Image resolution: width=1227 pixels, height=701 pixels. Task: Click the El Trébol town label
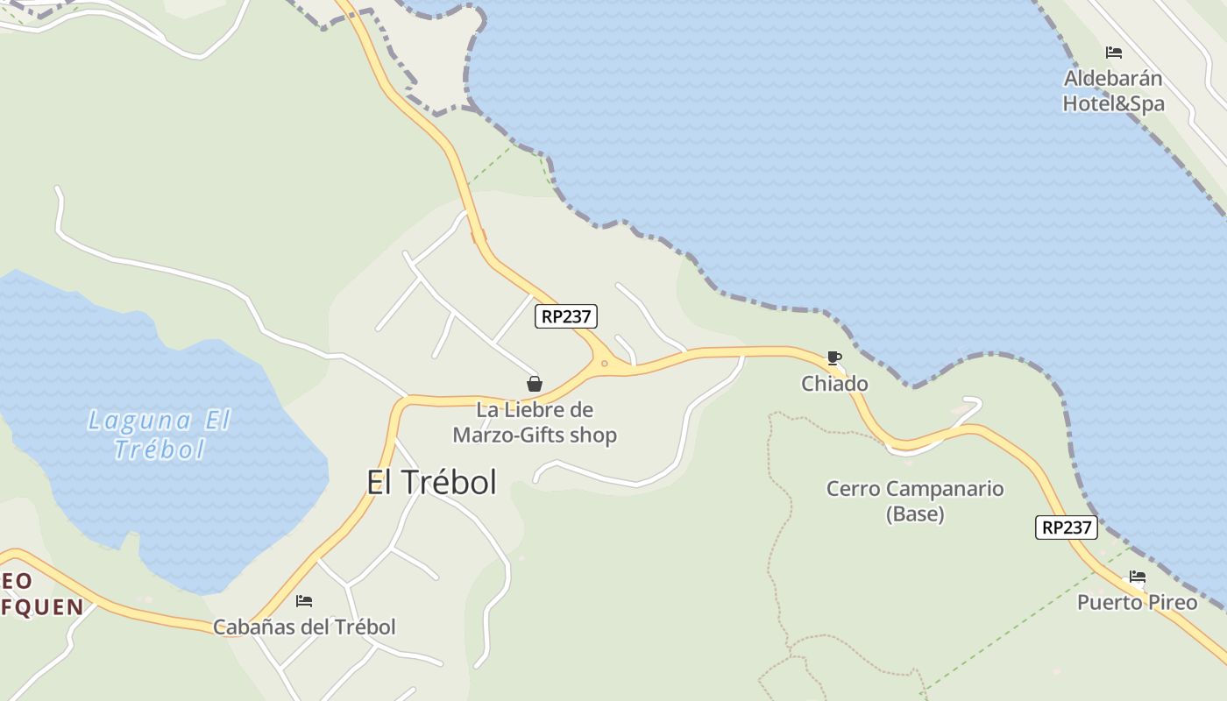click(x=431, y=482)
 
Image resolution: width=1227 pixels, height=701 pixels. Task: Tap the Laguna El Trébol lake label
click(x=160, y=435)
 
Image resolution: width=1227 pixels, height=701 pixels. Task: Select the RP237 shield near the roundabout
click(x=565, y=316)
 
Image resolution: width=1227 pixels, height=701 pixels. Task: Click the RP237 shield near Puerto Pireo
click(x=1066, y=528)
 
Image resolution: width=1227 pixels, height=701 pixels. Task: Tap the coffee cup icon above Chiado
click(x=833, y=358)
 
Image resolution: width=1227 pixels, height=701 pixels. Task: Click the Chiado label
click(x=834, y=384)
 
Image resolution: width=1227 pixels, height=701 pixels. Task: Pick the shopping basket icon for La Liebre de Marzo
click(x=535, y=384)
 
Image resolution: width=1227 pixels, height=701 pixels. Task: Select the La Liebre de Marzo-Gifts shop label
click(x=535, y=422)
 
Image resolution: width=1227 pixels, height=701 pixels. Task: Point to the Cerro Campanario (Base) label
click(x=915, y=501)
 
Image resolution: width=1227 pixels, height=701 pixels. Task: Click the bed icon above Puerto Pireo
click(x=1137, y=577)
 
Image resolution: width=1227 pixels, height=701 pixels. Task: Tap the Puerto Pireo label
click(x=1137, y=602)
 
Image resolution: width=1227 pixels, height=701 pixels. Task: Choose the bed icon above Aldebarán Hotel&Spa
click(x=1113, y=53)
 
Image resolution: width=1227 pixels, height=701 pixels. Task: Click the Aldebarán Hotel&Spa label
click(x=1113, y=91)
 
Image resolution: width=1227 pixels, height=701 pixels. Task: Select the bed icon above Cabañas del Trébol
click(x=304, y=601)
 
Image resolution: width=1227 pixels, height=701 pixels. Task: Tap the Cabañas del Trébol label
click(x=304, y=627)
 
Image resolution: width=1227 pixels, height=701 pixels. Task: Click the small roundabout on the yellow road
click(x=604, y=363)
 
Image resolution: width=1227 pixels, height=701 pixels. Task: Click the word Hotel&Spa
click(x=1113, y=104)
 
